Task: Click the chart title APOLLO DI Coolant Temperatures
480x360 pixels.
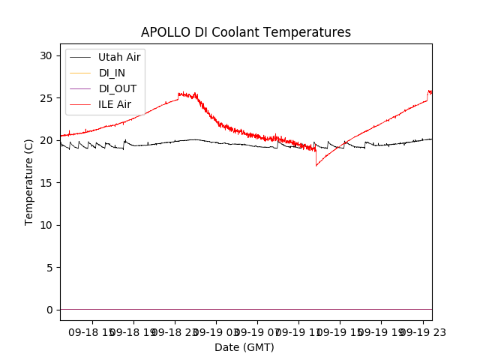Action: tap(246, 32)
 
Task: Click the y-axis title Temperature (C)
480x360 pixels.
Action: tap(29, 181)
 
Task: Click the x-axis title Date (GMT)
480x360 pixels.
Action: tap(244, 347)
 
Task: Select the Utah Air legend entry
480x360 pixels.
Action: tap(119, 57)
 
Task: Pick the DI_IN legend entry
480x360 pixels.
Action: tap(113, 73)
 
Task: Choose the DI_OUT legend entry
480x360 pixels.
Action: tap(117, 88)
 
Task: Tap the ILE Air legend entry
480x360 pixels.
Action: tap(115, 104)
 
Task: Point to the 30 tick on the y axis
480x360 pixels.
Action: tap(46, 55)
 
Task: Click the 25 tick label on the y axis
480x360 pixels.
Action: tap(46, 98)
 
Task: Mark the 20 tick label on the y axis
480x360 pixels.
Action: tap(46, 140)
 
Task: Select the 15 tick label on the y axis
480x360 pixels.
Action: tap(46, 183)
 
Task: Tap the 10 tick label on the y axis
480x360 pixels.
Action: tap(46, 225)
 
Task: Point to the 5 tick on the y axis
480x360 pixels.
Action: tap(49, 268)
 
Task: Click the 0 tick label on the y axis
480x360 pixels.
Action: tap(49, 310)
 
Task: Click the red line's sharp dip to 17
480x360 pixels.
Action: tap(316, 165)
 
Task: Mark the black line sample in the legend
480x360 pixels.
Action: tap(79, 57)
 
